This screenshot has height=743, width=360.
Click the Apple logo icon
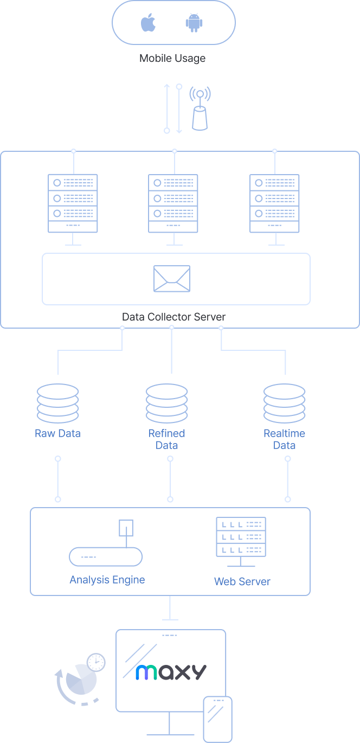(x=148, y=23)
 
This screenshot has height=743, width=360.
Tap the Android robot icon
(x=194, y=23)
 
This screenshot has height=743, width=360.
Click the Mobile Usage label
(x=172, y=58)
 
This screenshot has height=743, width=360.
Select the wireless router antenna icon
(x=200, y=110)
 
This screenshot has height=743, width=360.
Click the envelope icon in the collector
(x=172, y=279)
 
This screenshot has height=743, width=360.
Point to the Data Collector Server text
(x=173, y=317)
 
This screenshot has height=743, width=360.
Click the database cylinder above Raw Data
(x=57, y=403)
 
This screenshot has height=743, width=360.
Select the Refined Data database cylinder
(x=167, y=403)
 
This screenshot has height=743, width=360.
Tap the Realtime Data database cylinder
(x=284, y=403)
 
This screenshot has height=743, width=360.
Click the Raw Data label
(x=57, y=433)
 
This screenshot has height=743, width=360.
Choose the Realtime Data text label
(x=284, y=439)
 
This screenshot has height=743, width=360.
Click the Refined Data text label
(x=167, y=439)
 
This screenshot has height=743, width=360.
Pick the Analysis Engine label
(x=107, y=580)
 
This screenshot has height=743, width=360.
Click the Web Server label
(x=242, y=581)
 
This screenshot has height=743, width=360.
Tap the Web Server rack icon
(x=241, y=537)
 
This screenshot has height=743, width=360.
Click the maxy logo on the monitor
(x=171, y=672)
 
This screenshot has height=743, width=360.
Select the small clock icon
(x=96, y=662)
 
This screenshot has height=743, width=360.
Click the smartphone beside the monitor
(x=217, y=719)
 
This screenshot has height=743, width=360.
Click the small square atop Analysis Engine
(x=126, y=528)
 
